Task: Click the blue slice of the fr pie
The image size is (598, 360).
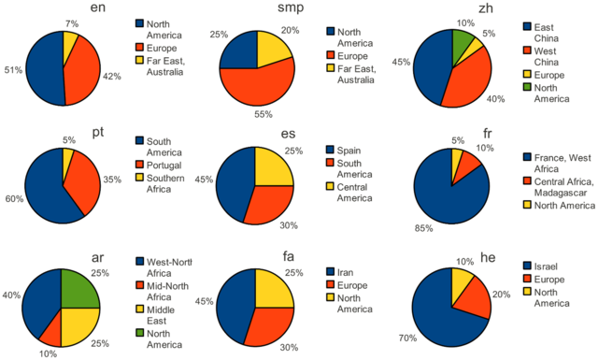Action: click(x=448, y=192)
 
